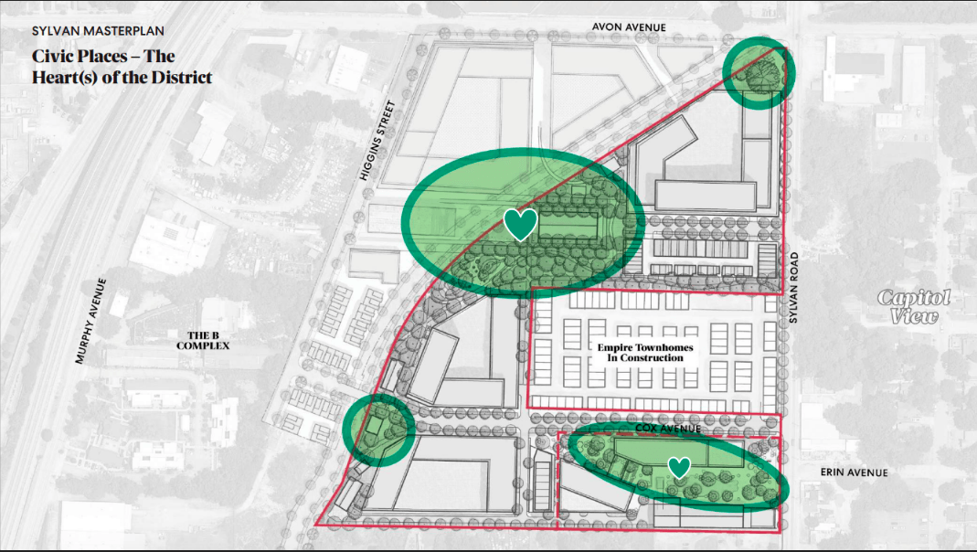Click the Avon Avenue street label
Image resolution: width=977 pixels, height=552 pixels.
pos(629,27)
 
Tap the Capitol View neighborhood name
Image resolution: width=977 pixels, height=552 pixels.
pos(914,307)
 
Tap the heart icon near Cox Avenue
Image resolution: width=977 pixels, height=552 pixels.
pos(678,468)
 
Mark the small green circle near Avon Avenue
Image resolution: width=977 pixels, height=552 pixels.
pos(759,73)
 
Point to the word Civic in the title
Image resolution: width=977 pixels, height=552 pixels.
pos(52,57)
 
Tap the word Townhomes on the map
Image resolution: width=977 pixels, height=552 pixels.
pos(661,347)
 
